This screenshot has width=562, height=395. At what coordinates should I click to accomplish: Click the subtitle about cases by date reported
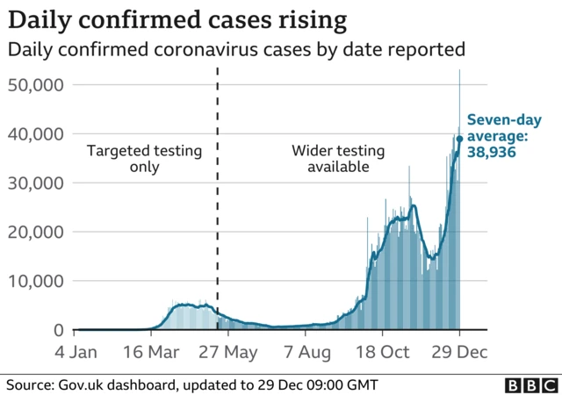pos(236,50)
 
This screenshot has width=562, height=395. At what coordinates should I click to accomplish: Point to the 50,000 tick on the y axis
pos(36,85)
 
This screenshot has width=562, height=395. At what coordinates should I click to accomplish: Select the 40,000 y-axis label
pos(36,134)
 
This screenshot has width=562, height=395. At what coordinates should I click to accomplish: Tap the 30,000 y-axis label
pos(36,183)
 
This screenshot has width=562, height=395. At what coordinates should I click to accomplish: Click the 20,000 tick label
pos(36,233)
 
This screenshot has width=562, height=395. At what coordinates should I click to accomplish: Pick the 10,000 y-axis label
pos(36,282)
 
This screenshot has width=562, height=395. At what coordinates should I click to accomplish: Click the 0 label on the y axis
pos(58,331)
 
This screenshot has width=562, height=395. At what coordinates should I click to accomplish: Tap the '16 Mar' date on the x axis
pos(151,352)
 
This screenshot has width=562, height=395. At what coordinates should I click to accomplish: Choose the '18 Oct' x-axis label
pos(382,352)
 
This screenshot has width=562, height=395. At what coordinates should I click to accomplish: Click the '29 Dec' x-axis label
pos(459,352)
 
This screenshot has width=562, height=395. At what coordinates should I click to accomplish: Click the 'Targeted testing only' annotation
pos(145,159)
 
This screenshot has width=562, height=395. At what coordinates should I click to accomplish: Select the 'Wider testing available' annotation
pos(330,159)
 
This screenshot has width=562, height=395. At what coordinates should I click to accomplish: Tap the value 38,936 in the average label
pos(490,153)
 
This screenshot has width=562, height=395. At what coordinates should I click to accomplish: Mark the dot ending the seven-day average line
pos(459,139)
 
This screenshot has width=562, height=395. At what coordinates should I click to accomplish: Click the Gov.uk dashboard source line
pos(192,384)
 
